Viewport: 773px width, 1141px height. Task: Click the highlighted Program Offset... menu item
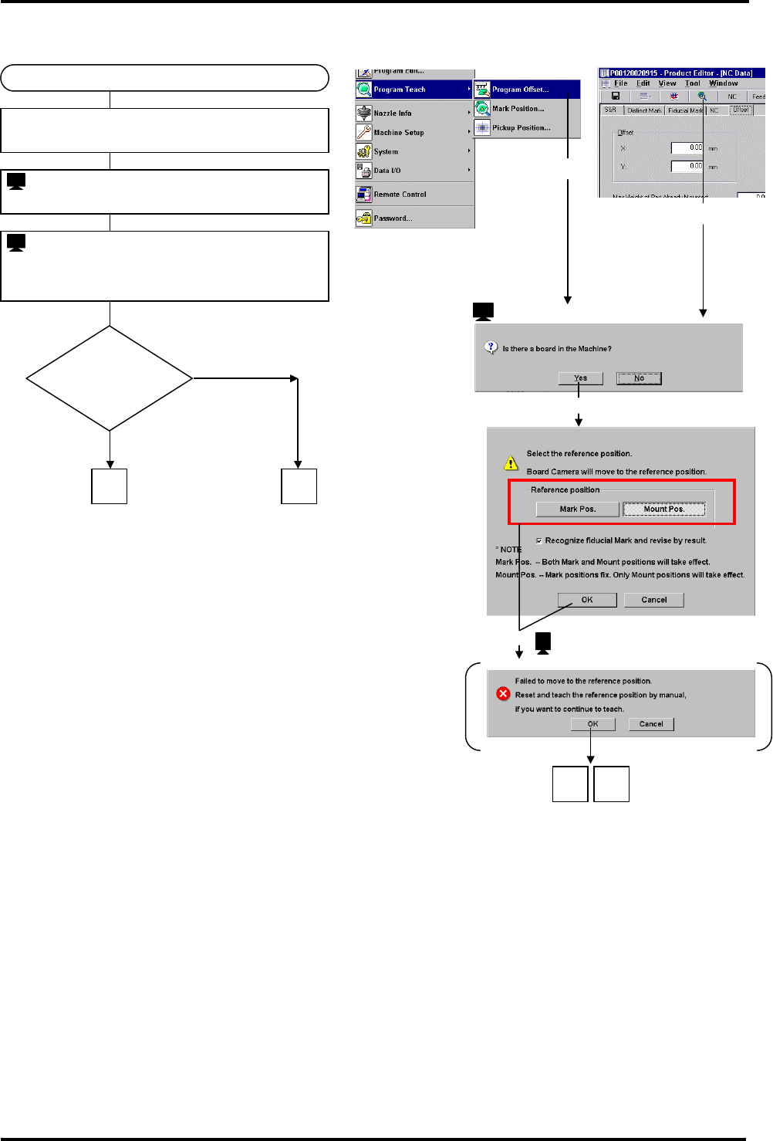tap(520, 90)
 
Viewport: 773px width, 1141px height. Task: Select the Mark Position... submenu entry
tap(518, 109)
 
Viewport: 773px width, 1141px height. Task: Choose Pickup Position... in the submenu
tap(521, 128)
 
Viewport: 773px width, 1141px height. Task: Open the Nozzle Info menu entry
tap(392, 113)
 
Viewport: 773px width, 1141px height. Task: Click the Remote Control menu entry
tap(400, 195)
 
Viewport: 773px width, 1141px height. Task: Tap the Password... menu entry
tap(393, 218)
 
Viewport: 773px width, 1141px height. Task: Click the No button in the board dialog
tap(639, 378)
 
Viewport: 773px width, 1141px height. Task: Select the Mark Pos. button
tap(578, 510)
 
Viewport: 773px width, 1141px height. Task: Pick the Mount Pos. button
tap(664, 510)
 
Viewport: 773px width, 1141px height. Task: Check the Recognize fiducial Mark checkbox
tap(538, 540)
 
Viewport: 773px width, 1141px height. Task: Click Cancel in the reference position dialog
tap(654, 600)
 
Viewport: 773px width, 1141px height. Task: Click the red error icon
tap(503, 694)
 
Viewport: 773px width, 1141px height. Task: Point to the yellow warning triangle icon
tap(511, 463)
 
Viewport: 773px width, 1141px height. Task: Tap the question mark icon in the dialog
tap(491, 347)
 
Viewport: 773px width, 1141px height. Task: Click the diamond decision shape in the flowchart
tap(110, 378)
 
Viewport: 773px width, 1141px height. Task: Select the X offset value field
tap(687, 147)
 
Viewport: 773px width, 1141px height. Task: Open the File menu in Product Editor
tap(620, 83)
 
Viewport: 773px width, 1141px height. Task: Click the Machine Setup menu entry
tap(398, 133)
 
